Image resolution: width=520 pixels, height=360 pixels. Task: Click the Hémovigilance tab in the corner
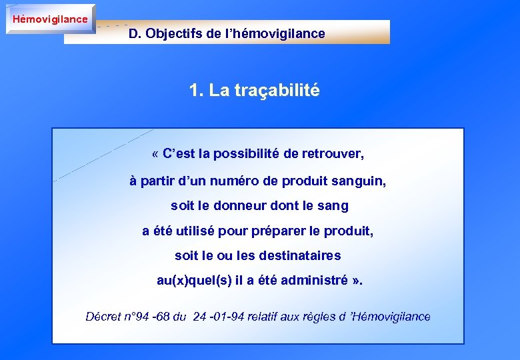click(x=50, y=19)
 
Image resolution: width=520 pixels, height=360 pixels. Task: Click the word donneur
click(x=243, y=206)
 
